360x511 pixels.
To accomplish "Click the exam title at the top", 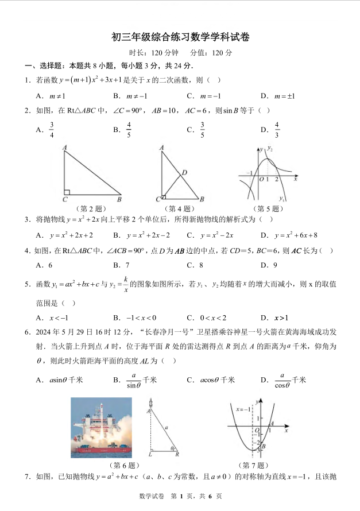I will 180,37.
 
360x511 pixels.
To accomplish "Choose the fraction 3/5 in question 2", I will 202,130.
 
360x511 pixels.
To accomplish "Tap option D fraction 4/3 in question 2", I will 276,130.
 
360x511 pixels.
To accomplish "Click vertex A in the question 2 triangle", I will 65,148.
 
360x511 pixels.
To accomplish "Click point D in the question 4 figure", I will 184,172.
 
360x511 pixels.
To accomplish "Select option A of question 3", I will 63,235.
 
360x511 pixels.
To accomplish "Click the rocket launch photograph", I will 101,428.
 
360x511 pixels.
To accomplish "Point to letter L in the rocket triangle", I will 149,454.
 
